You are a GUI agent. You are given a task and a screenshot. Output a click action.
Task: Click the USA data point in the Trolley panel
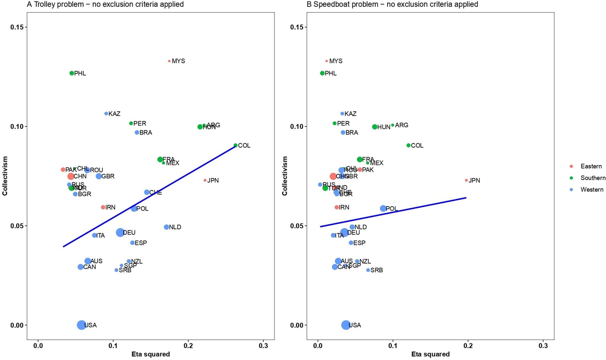81,325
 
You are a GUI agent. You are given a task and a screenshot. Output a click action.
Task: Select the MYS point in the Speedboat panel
326,61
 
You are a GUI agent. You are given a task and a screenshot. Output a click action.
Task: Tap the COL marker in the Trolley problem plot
236,145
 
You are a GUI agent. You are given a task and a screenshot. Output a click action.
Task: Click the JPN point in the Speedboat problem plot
466,180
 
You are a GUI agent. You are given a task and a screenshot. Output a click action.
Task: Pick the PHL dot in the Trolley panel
72,73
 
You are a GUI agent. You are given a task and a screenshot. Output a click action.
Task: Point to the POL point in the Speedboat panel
383,209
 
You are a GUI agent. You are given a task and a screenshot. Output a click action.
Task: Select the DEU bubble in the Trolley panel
120,233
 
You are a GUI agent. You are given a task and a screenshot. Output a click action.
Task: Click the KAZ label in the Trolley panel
114,114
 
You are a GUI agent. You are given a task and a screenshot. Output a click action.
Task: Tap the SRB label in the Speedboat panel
376,270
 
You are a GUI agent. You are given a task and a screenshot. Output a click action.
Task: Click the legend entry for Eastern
591,166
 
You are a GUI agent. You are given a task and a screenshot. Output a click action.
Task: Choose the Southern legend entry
593,178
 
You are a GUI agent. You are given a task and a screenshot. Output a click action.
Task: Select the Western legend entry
592,189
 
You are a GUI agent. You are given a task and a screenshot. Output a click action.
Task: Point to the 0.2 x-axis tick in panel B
468,346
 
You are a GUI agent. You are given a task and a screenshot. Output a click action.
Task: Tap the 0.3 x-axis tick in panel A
263,346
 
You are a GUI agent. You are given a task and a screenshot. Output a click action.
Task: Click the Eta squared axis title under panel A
151,354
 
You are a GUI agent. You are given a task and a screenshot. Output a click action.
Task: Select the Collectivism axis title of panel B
285,176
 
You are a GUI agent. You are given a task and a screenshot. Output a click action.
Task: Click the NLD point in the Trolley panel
166,227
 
